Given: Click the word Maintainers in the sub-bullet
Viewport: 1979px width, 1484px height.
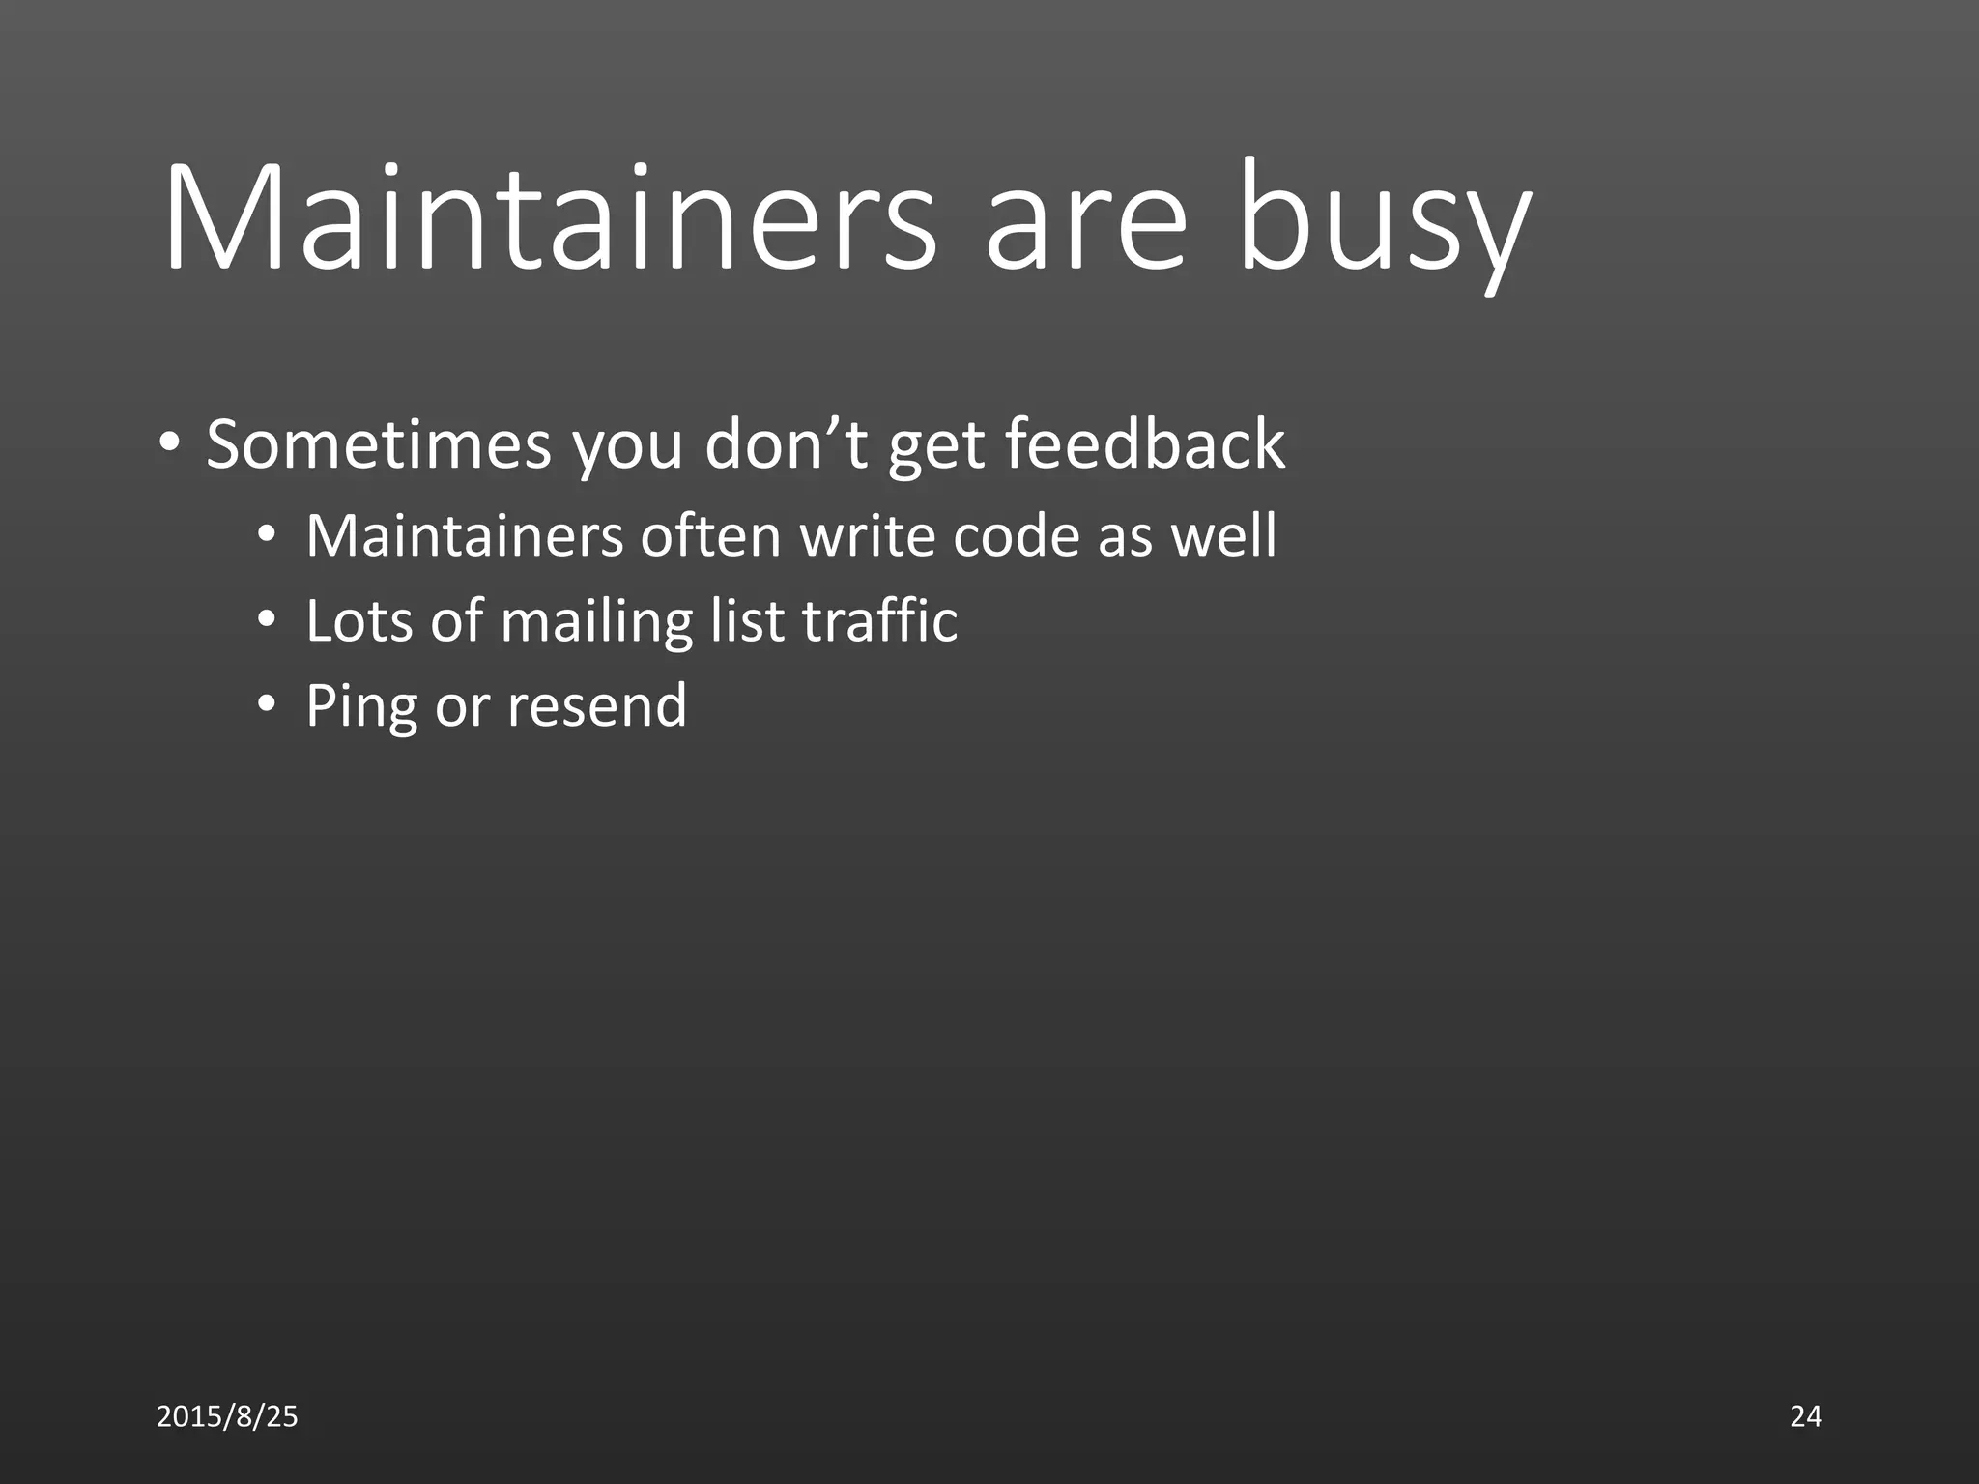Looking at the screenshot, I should pyautogui.click(x=465, y=535).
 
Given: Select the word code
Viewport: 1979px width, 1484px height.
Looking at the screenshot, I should pyautogui.click(x=1016, y=537).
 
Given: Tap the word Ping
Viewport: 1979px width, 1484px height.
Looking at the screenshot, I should pyautogui.click(x=361, y=707).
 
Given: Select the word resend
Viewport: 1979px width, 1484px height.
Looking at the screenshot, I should pyautogui.click(x=596, y=705).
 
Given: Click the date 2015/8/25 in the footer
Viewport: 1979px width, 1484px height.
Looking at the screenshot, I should pyautogui.click(x=227, y=1416).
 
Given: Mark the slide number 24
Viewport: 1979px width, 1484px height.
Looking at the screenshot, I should pyautogui.click(x=1806, y=1416).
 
